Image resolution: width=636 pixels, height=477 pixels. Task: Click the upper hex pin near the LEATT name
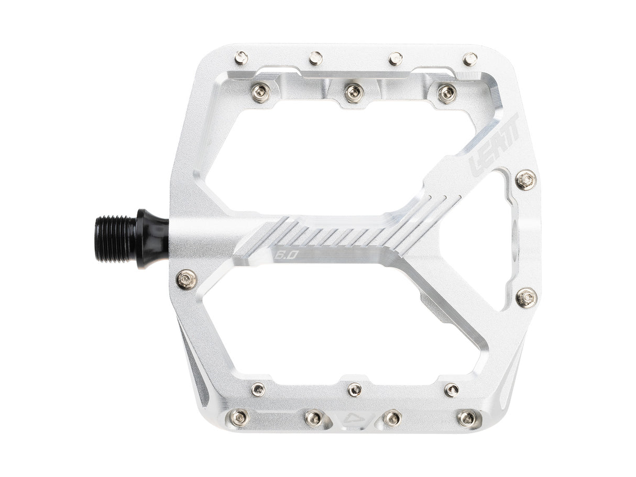click(525, 181)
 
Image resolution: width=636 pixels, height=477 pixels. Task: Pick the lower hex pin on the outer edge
click(526, 297)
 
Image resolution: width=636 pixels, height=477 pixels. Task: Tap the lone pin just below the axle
click(187, 280)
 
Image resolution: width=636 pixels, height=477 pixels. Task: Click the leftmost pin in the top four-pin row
click(241, 57)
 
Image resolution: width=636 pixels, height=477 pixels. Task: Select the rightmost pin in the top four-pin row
click(470, 58)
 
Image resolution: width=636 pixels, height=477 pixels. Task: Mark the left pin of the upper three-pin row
click(260, 93)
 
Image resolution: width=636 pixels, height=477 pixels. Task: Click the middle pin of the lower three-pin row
click(355, 389)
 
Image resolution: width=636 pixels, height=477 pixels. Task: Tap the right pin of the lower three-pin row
click(451, 390)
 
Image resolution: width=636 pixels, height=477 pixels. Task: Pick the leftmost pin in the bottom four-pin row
click(239, 417)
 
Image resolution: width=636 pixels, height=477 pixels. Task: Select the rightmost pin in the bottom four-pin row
click(466, 418)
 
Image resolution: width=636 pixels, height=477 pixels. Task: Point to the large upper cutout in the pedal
click(314, 157)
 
